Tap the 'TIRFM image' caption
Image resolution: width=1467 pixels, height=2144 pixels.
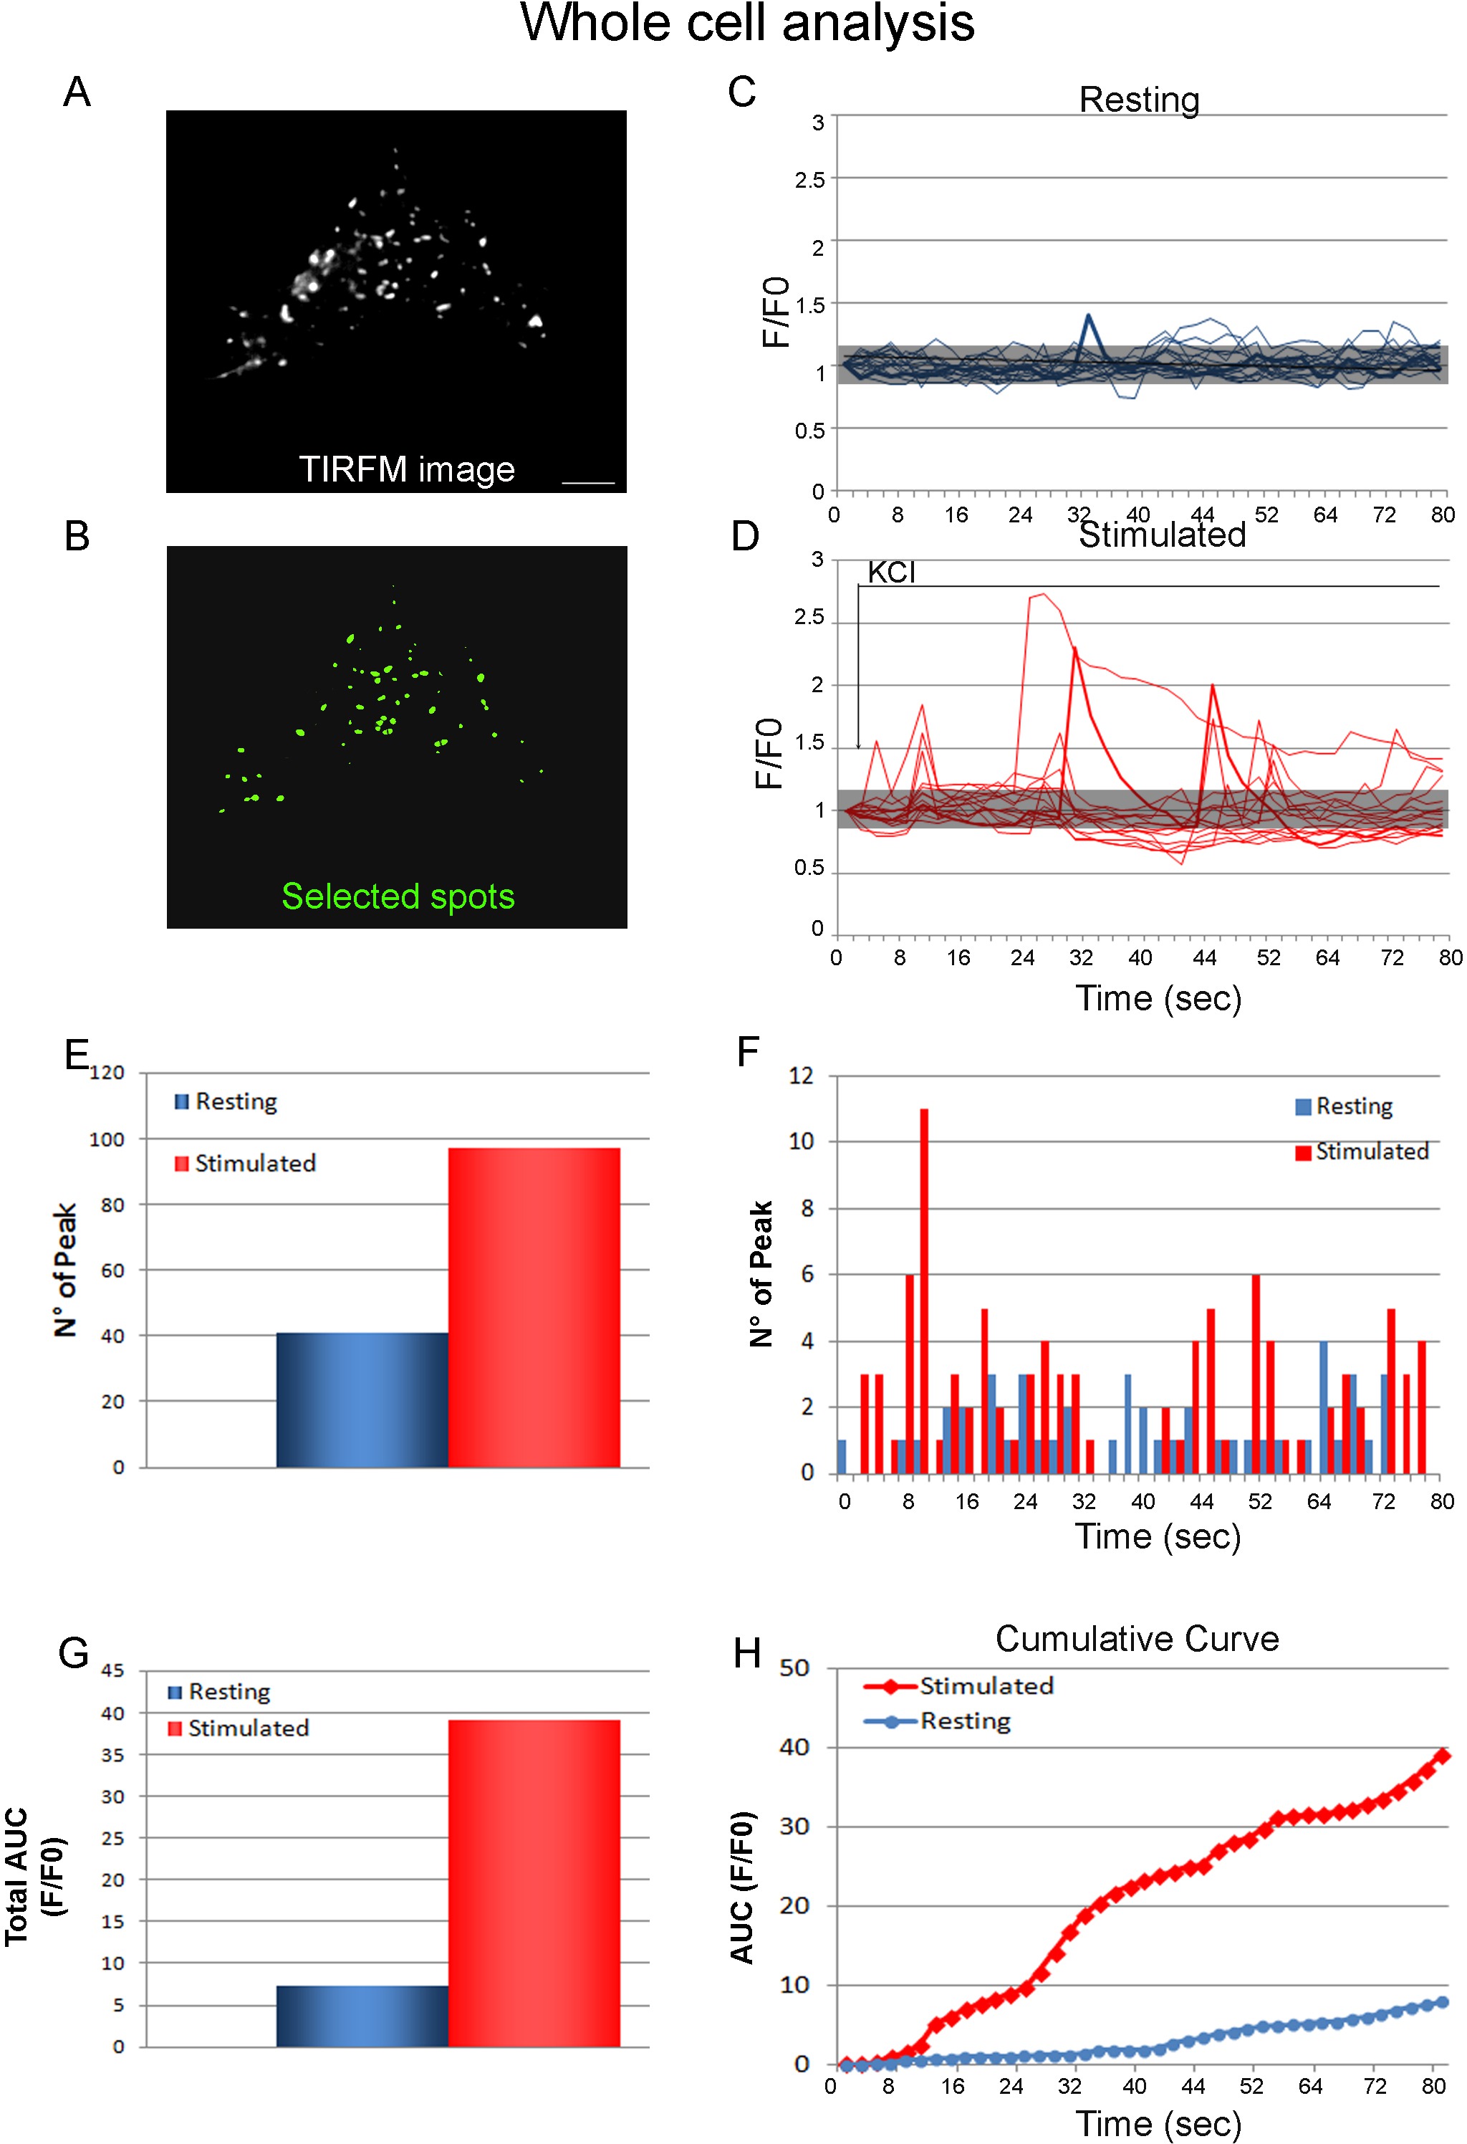click(x=407, y=469)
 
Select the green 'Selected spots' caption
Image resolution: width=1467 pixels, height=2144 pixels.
click(x=398, y=896)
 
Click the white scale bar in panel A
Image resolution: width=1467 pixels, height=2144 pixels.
click(x=587, y=482)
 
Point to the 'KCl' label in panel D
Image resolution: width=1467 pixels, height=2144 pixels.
click(x=890, y=572)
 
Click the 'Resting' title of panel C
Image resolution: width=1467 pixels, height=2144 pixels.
click(x=1139, y=100)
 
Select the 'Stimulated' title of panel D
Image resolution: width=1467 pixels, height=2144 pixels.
click(x=1162, y=535)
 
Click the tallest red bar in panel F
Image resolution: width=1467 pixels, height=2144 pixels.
click(x=924, y=1291)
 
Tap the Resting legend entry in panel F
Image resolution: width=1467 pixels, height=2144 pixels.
click(x=1345, y=1106)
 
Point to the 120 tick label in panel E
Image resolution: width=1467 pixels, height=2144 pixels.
click(x=106, y=1073)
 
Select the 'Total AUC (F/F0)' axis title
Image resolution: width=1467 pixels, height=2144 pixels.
click(x=34, y=1877)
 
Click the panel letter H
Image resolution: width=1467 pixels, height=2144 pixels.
click(x=747, y=1654)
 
